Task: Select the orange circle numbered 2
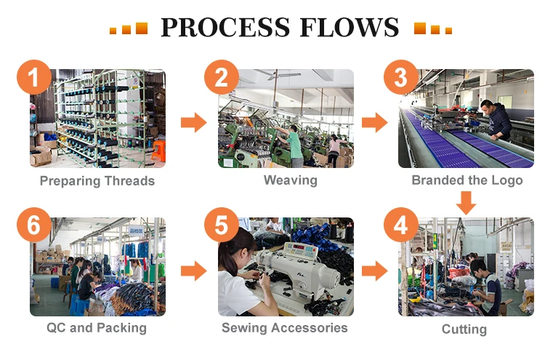[x=222, y=79]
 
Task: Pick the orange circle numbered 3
[x=401, y=79]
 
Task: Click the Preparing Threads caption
[x=97, y=181]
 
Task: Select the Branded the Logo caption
[x=467, y=180]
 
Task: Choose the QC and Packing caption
[x=97, y=328]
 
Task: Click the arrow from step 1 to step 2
[x=194, y=122]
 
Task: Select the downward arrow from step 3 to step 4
[x=466, y=201]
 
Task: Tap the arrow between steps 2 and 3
[x=374, y=122]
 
